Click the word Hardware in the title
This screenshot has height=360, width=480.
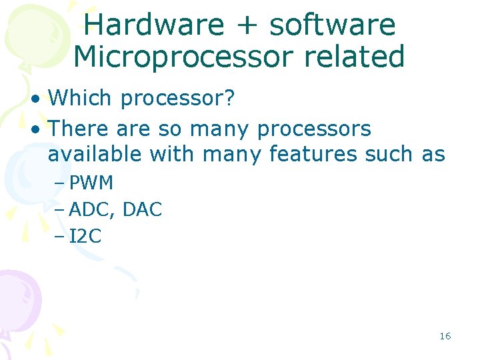pyautogui.click(x=154, y=25)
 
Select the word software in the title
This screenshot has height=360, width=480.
pyautogui.click(x=332, y=25)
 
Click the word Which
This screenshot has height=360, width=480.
pyautogui.click(x=80, y=99)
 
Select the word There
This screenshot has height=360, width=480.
pyautogui.click(x=79, y=127)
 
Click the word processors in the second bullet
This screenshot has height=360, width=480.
pyautogui.click(x=313, y=129)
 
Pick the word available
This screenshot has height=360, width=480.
pyautogui.click(x=95, y=154)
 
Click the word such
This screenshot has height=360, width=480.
pyautogui.click(x=389, y=154)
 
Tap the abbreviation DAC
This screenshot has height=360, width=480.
pyautogui.click(x=143, y=209)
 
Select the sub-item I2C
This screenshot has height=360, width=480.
pyautogui.click(x=85, y=236)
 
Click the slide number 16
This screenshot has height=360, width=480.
pyautogui.click(x=445, y=336)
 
